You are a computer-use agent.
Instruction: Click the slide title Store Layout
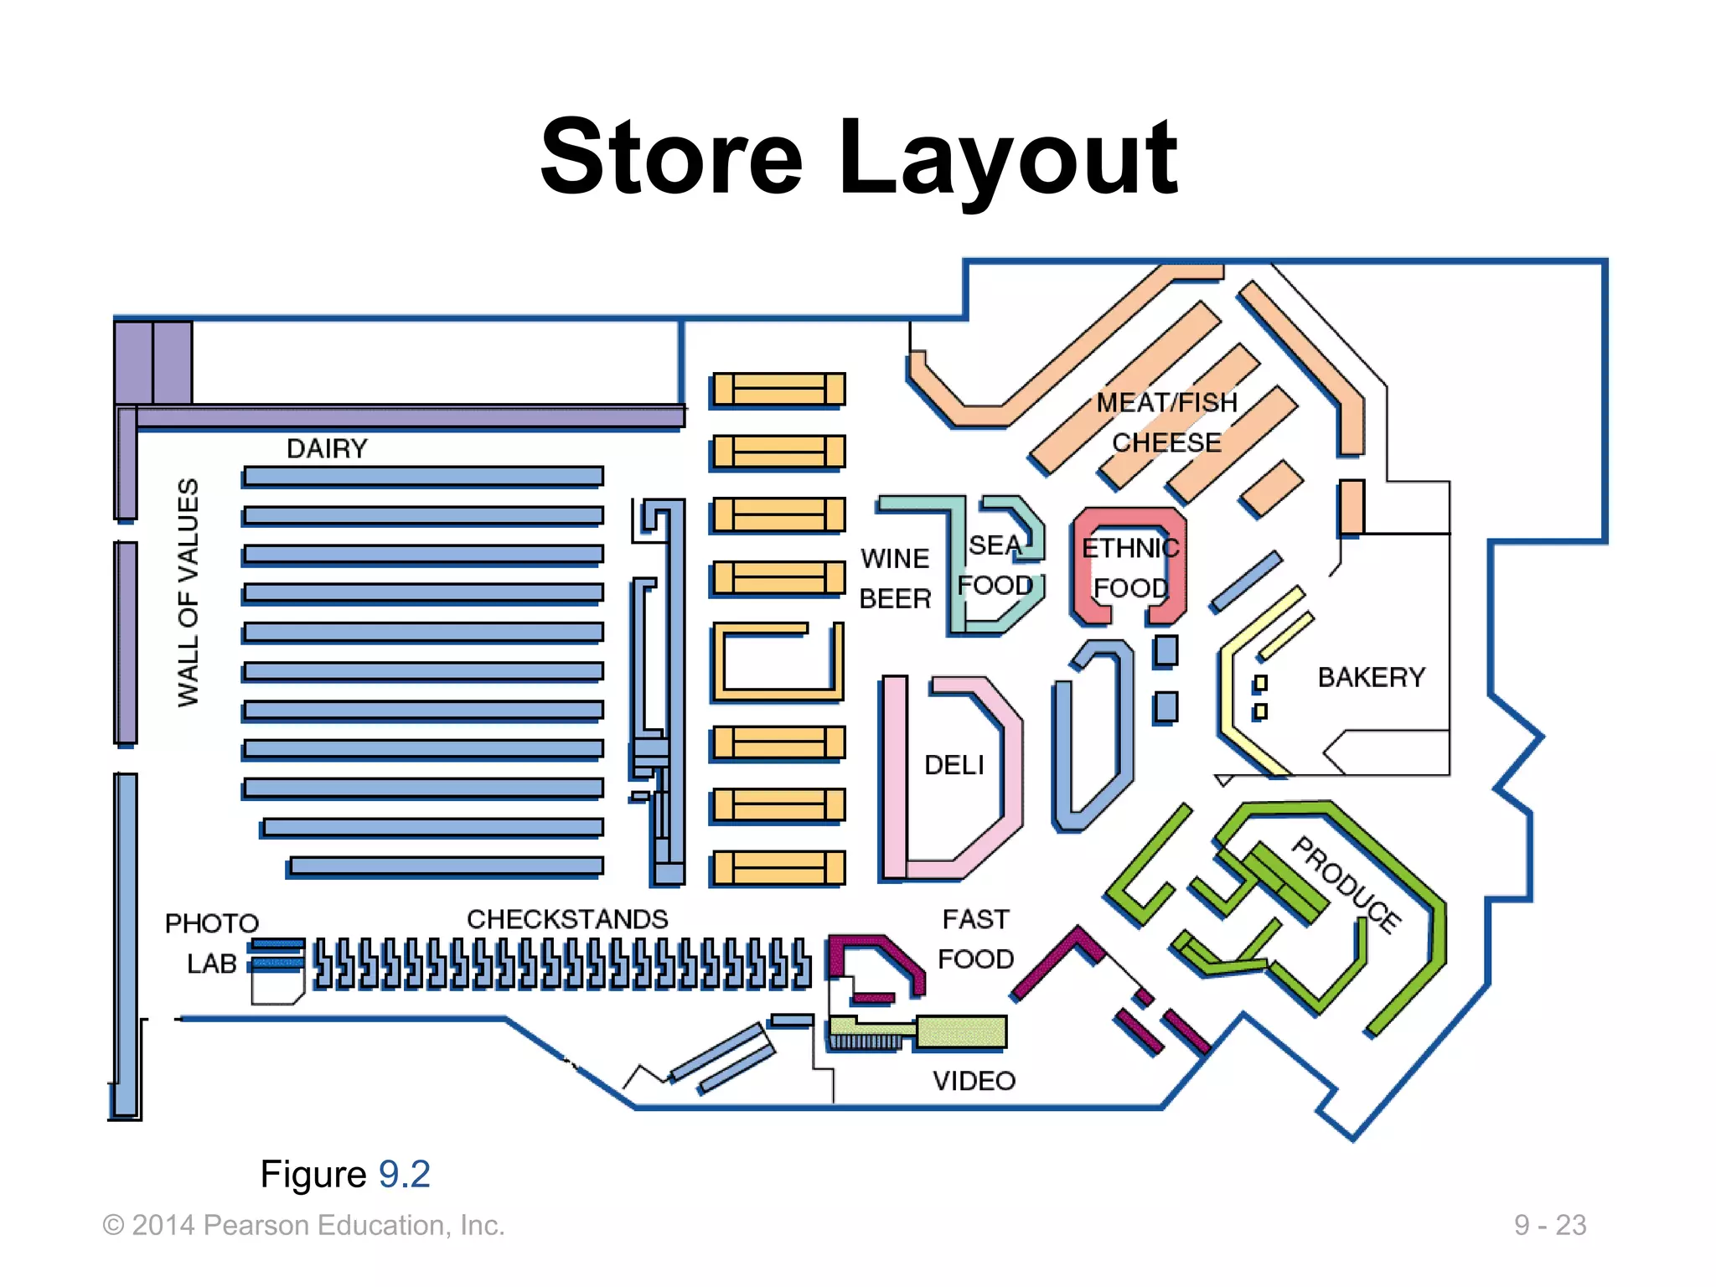click(858, 158)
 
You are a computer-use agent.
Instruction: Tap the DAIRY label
click(327, 448)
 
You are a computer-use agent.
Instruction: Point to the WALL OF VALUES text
click(189, 592)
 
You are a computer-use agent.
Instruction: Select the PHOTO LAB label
click(211, 943)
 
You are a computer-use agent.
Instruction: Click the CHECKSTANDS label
click(567, 919)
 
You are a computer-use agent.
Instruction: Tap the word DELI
click(954, 765)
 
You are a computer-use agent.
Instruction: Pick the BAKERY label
click(1371, 677)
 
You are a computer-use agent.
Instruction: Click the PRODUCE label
click(1346, 884)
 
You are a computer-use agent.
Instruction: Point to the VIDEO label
click(974, 1081)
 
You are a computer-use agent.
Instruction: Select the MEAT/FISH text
click(1166, 403)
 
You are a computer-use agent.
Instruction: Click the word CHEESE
click(1166, 442)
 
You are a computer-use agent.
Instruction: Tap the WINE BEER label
click(895, 578)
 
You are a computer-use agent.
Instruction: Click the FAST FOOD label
click(975, 938)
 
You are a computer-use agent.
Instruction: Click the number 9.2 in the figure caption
click(404, 1174)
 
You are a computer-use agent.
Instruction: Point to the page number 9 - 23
click(1549, 1225)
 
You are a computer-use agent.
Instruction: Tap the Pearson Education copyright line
click(303, 1225)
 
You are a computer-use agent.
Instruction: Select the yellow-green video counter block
click(960, 1031)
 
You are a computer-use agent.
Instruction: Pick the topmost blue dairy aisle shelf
click(423, 476)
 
